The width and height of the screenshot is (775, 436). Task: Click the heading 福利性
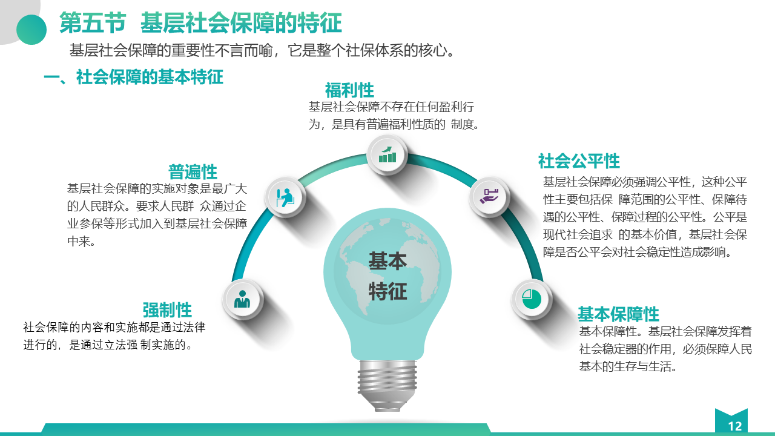(x=349, y=90)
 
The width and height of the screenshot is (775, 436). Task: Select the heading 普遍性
(x=193, y=171)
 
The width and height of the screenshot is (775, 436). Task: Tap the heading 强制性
(x=167, y=309)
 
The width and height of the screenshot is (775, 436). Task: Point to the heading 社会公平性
(x=579, y=161)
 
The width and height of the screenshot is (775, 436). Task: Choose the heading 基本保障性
(x=619, y=314)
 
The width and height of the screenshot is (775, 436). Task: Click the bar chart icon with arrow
(x=387, y=154)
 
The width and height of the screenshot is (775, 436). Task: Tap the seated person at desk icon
(x=285, y=197)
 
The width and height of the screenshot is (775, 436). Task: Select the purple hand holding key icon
(x=489, y=196)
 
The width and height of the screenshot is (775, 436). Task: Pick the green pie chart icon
(x=532, y=299)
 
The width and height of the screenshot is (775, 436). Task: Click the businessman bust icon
(x=242, y=299)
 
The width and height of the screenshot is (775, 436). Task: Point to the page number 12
(x=735, y=426)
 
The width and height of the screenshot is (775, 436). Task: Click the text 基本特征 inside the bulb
(x=387, y=276)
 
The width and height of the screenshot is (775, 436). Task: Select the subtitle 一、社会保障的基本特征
(x=134, y=77)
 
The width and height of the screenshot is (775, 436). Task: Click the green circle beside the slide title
(x=31, y=30)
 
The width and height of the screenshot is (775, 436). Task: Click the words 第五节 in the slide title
(x=93, y=23)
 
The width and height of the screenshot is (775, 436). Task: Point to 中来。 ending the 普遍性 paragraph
(x=81, y=241)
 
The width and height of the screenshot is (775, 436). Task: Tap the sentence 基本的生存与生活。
(x=628, y=366)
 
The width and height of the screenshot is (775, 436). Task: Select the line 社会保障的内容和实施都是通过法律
(x=114, y=327)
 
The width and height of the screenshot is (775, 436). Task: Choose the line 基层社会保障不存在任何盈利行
(x=391, y=107)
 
